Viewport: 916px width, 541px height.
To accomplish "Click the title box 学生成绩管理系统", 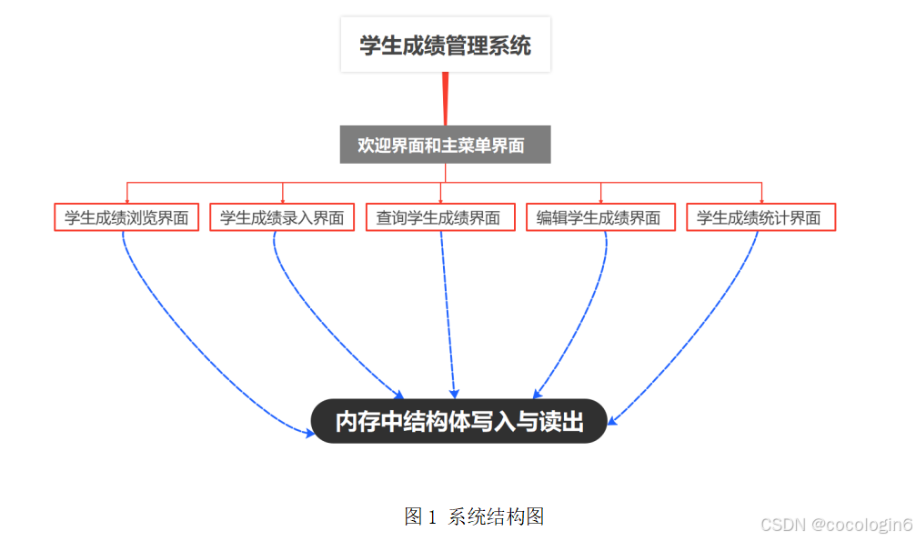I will (x=445, y=45).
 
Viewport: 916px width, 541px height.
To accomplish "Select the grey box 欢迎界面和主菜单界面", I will (x=445, y=145).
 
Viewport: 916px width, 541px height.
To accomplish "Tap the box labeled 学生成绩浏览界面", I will (x=126, y=218).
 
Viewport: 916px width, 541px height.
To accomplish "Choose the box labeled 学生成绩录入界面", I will (x=282, y=218).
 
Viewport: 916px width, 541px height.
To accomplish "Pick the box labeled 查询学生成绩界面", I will (x=439, y=218).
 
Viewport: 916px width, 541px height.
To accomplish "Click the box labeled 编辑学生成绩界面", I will (x=599, y=218).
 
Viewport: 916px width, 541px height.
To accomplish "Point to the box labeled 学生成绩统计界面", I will (x=760, y=218).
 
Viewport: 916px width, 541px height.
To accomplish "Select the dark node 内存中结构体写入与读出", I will (x=458, y=422).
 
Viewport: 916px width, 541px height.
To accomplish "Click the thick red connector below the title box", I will (x=445, y=98).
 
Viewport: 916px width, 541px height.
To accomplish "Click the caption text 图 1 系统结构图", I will (x=474, y=516).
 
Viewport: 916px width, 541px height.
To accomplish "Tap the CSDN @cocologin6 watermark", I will (x=836, y=525).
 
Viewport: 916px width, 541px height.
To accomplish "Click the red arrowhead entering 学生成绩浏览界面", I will (x=126, y=199).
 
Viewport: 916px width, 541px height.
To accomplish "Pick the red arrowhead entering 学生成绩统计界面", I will (x=760, y=199).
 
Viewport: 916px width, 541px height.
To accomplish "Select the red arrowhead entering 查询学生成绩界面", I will (x=440, y=199).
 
